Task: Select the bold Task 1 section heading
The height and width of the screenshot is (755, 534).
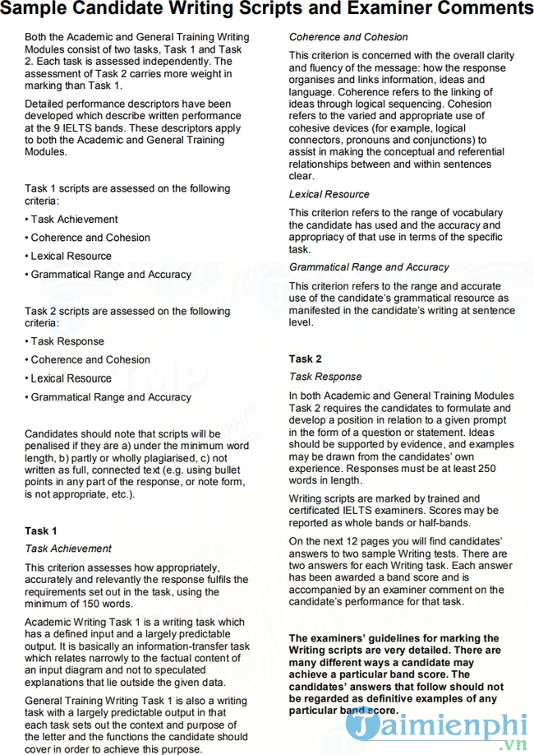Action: pyautogui.click(x=41, y=530)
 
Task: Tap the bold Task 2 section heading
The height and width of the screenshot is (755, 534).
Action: pyautogui.click(x=306, y=359)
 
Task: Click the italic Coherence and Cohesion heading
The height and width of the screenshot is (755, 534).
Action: pyautogui.click(x=348, y=37)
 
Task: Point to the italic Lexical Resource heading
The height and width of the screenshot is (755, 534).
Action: pyautogui.click(x=329, y=194)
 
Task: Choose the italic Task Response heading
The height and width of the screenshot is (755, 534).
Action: pyautogui.click(x=325, y=377)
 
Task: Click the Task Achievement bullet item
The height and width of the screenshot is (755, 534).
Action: pyautogui.click(x=74, y=219)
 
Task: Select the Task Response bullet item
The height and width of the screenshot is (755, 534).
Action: pyautogui.click(x=67, y=341)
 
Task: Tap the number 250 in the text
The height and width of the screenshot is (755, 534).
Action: pyautogui.click(x=486, y=469)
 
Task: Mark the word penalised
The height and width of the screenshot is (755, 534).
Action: pyautogui.click(x=51, y=446)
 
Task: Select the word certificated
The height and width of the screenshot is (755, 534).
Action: pyautogui.click(x=319, y=511)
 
